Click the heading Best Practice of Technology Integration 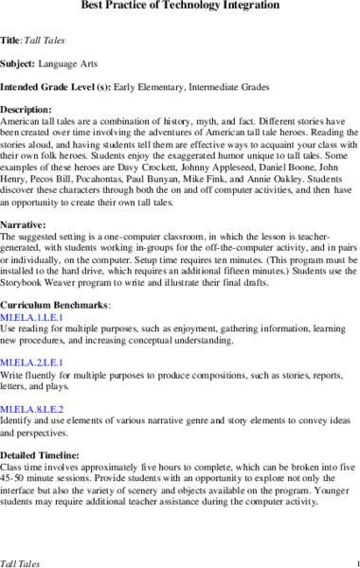pyautogui.click(x=180, y=8)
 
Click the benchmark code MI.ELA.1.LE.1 pyautogui.click(x=29, y=317)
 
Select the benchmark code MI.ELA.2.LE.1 pyautogui.click(x=29, y=362)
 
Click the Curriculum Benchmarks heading pyautogui.click(x=55, y=305)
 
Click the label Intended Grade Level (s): pyautogui.click(x=56, y=85)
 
